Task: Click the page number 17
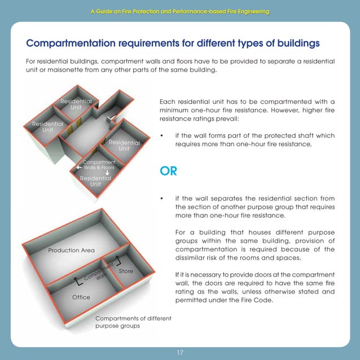click(180, 353)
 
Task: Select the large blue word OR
click(169, 171)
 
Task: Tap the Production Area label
click(71, 250)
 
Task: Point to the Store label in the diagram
click(126, 271)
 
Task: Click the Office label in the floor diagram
click(81, 297)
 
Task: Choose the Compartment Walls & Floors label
click(99, 165)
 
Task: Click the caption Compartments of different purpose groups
click(133, 322)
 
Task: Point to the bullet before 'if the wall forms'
click(162, 136)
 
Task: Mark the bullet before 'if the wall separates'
click(162, 199)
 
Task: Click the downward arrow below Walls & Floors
click(99, 173)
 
